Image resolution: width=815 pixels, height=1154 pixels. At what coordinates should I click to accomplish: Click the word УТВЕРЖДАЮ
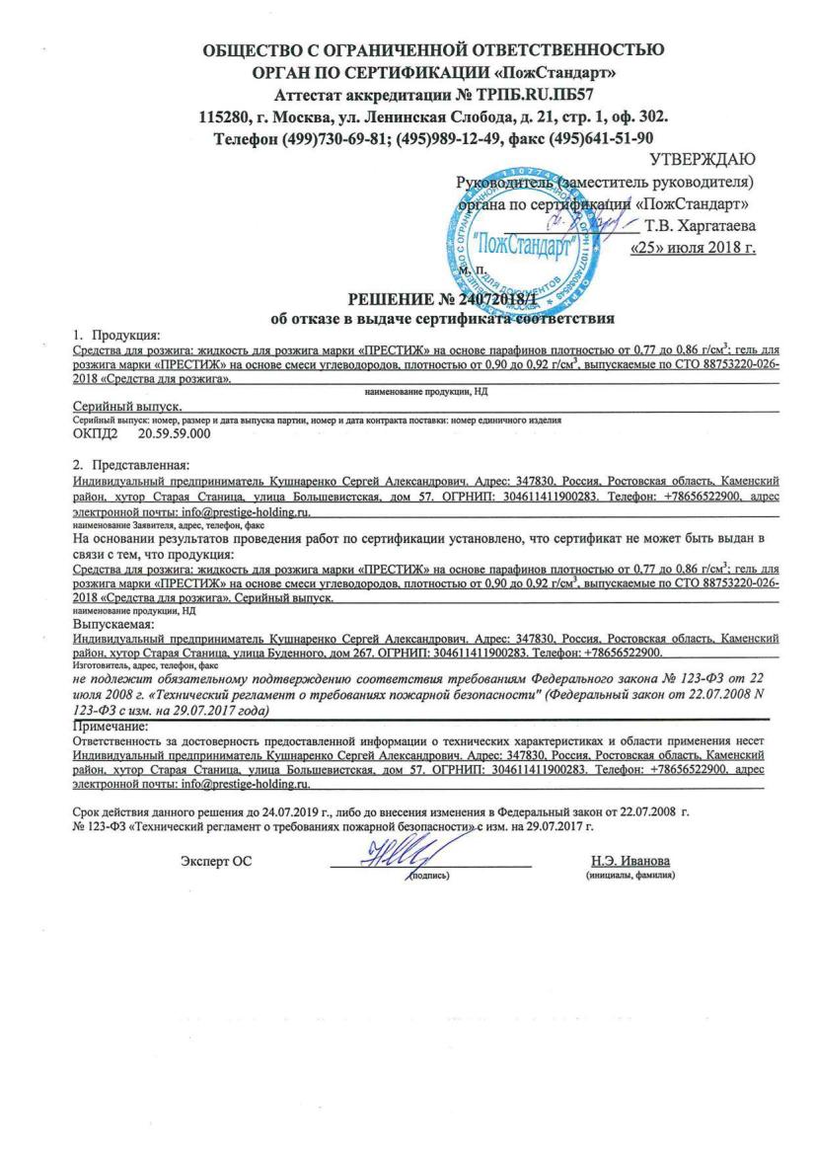point(704,160)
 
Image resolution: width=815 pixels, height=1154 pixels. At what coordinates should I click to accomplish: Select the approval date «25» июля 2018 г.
point(693,247)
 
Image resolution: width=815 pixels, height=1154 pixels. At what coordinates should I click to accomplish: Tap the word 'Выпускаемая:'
point(112,624)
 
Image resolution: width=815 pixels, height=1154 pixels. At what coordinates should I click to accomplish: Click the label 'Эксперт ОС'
point(216,861)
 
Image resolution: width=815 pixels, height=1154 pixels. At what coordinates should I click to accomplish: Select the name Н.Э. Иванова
point(629,861)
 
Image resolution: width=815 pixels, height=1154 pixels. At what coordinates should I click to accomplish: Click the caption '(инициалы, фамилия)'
point(629,876)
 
